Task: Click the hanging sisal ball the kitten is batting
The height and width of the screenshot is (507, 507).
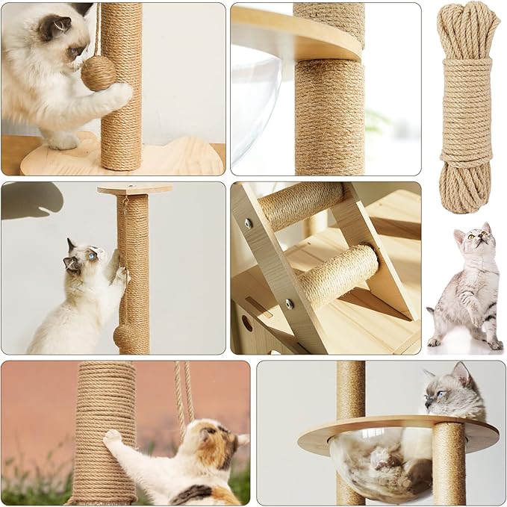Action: coord(98,72)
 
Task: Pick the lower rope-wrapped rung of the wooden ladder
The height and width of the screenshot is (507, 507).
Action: coord(337,275)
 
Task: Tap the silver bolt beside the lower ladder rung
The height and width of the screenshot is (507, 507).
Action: coord(289,304)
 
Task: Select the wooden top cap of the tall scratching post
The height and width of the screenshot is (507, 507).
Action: coord(134,189)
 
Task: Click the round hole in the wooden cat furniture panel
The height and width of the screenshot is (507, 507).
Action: coord(246,323)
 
